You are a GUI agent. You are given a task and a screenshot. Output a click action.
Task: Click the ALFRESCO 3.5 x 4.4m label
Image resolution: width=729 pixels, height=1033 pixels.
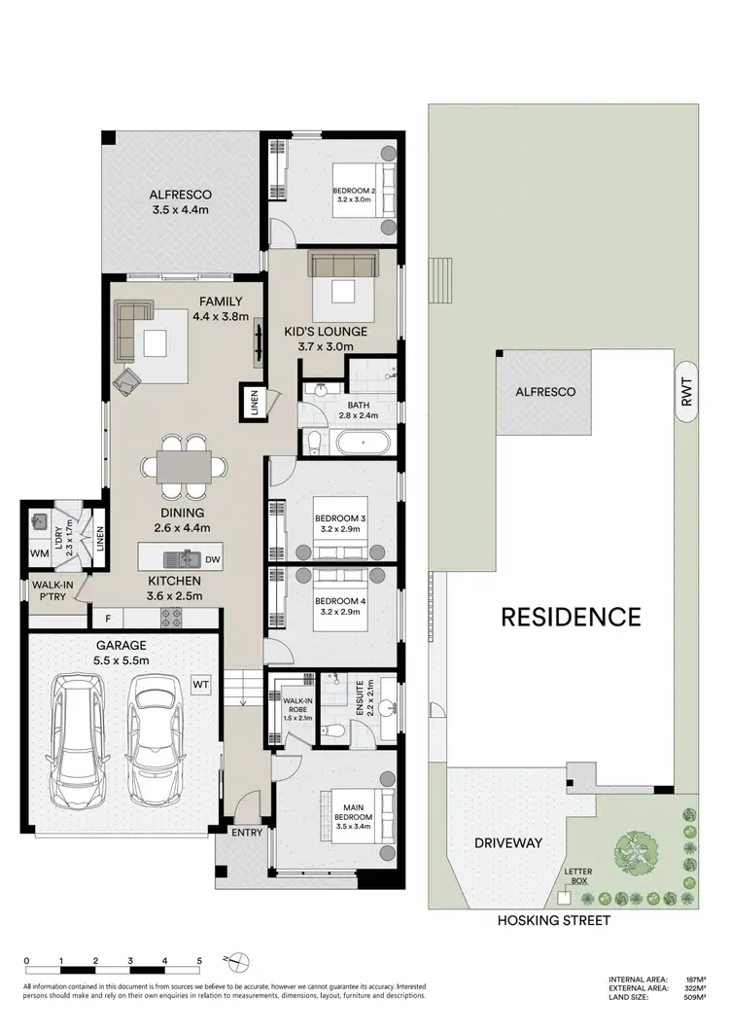coord(180,201)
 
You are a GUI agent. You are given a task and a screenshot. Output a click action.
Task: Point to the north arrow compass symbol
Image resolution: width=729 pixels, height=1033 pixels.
coord(230,962)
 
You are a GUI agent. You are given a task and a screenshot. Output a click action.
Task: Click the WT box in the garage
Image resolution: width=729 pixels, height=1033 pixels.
coord(201,684)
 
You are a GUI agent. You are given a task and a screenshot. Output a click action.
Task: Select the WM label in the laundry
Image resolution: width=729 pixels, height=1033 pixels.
coord(40,553)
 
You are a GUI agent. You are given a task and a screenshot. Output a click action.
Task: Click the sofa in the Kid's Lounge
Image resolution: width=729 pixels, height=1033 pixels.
coord(343,265)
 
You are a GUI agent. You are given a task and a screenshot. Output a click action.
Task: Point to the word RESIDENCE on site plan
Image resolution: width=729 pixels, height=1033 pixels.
coord(571,616)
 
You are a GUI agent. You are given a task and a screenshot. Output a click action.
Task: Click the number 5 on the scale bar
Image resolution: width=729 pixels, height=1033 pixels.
coord(198,961)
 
